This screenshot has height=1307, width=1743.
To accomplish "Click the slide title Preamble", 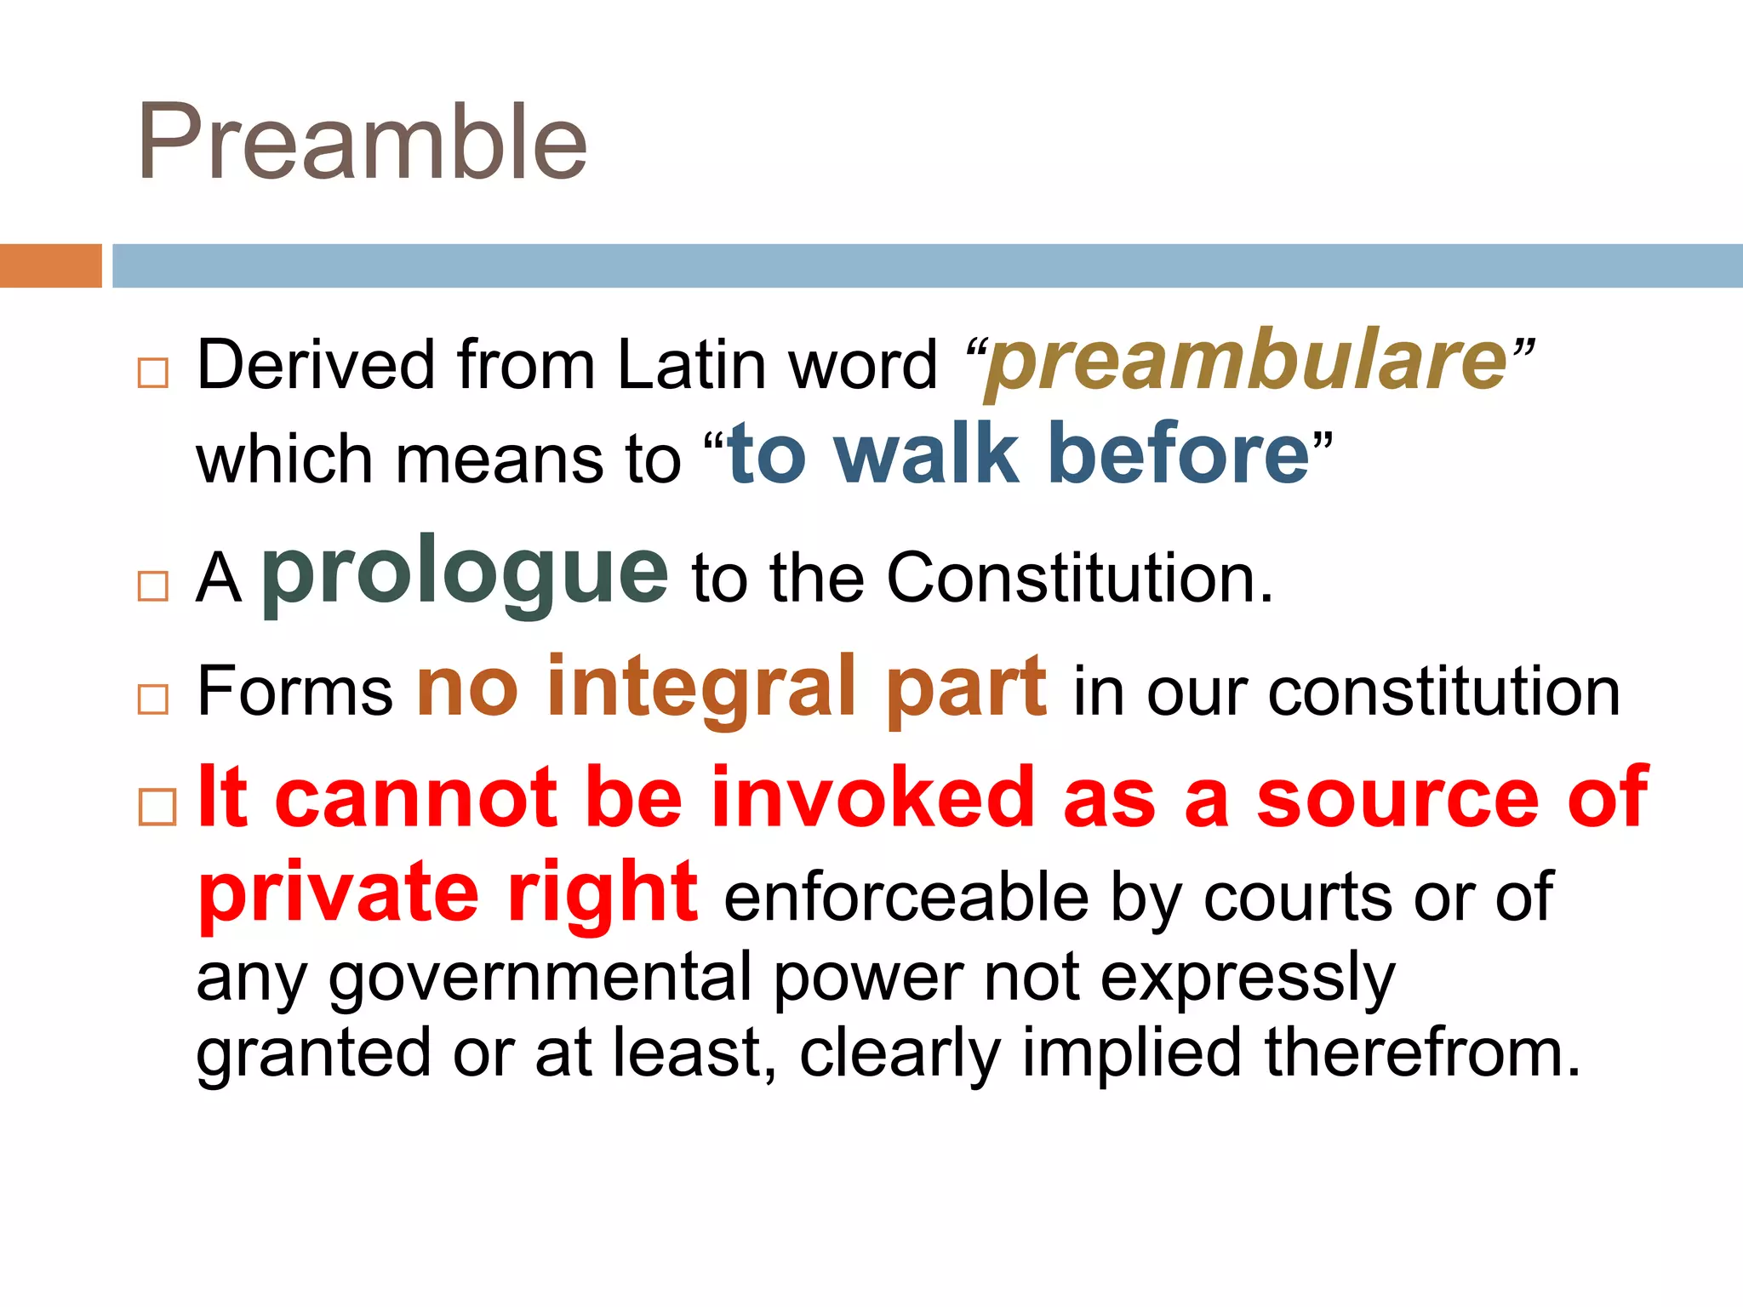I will (x=363, y=142).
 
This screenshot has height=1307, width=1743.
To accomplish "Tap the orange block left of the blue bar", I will (x=50, y=265).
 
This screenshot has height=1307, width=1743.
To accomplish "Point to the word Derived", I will (x=316, y=365).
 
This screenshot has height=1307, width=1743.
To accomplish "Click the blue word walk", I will (x=926, y=454).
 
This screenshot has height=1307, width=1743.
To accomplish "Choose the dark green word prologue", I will (x=465, y=574).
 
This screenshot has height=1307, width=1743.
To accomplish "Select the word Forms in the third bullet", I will (x=294, y=691).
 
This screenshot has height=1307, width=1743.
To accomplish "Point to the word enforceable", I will (x=906, y=898).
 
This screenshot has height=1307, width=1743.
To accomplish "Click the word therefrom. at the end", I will (x=1421, y=1053).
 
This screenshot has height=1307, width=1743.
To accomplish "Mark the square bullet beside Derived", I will (x=153, y=373).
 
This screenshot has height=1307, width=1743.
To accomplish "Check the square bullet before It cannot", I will (x=157, y=807).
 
